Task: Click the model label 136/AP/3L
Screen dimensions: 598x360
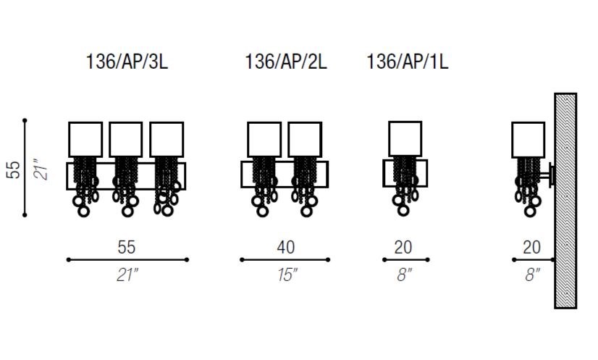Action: point(127,62)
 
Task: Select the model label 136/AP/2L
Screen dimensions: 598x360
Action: point(286,62)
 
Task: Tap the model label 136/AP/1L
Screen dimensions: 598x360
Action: point(408,62)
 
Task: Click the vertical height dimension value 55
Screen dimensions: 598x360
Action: point(13,169)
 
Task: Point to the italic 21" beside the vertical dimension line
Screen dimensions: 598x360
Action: point(41,168)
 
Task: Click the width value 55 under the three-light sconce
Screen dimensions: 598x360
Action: point(127,248)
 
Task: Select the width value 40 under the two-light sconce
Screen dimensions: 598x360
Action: point(286,248)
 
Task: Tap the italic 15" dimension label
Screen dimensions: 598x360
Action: point(287,275)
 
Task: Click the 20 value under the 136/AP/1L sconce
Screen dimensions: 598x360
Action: point(403,248)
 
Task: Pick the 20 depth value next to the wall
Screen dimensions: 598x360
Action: point(531,248)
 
